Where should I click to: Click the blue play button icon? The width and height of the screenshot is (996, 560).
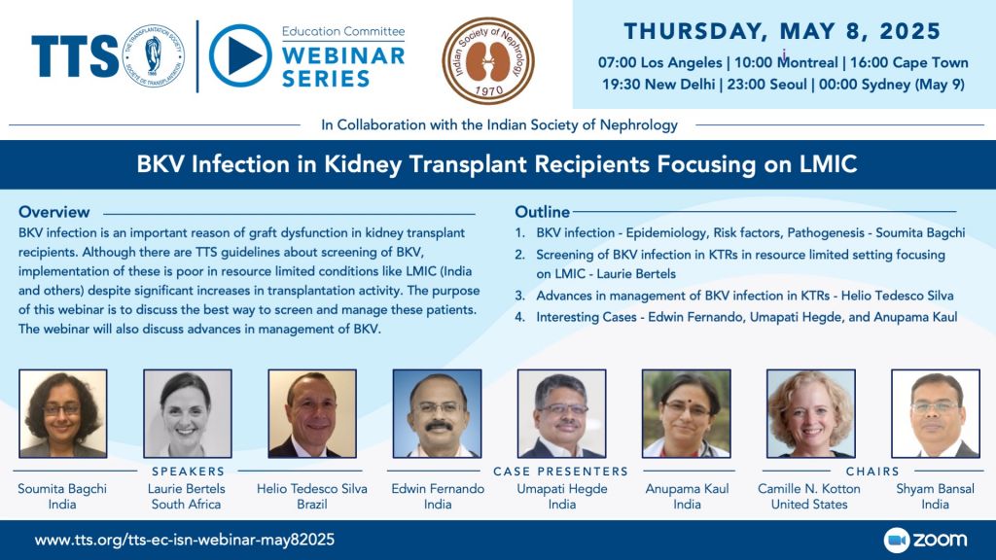point(240,55)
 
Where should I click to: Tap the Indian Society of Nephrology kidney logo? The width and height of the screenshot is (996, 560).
point(488,60)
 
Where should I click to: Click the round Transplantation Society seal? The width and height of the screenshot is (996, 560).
point(153,55)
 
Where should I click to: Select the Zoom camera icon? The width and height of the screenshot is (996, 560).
point(896,541)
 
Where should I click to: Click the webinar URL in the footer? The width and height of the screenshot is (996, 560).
point(184,540)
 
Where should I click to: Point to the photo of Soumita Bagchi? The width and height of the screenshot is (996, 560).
point(63,413)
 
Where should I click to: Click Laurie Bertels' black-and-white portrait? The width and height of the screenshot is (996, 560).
point(188,413)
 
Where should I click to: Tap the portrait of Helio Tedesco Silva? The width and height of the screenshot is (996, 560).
point(312,413)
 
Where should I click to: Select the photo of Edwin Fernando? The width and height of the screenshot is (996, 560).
point(437,413)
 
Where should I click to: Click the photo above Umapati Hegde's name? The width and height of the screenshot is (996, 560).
point(561,413)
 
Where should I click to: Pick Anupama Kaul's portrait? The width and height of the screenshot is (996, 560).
point(686,413)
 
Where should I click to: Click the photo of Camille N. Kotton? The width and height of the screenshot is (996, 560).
point(810,413)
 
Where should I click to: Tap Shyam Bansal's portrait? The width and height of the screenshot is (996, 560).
point(936,413)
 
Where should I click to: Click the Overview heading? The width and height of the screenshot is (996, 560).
point(54,212)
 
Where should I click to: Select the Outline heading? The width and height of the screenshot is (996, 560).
point(542,212)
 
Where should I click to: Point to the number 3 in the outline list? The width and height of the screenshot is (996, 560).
point(519,296)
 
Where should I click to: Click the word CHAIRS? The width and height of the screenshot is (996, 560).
point(872,472)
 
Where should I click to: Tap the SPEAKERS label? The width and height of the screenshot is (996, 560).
point(188,472)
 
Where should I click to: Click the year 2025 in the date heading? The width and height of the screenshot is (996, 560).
point(909,31)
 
